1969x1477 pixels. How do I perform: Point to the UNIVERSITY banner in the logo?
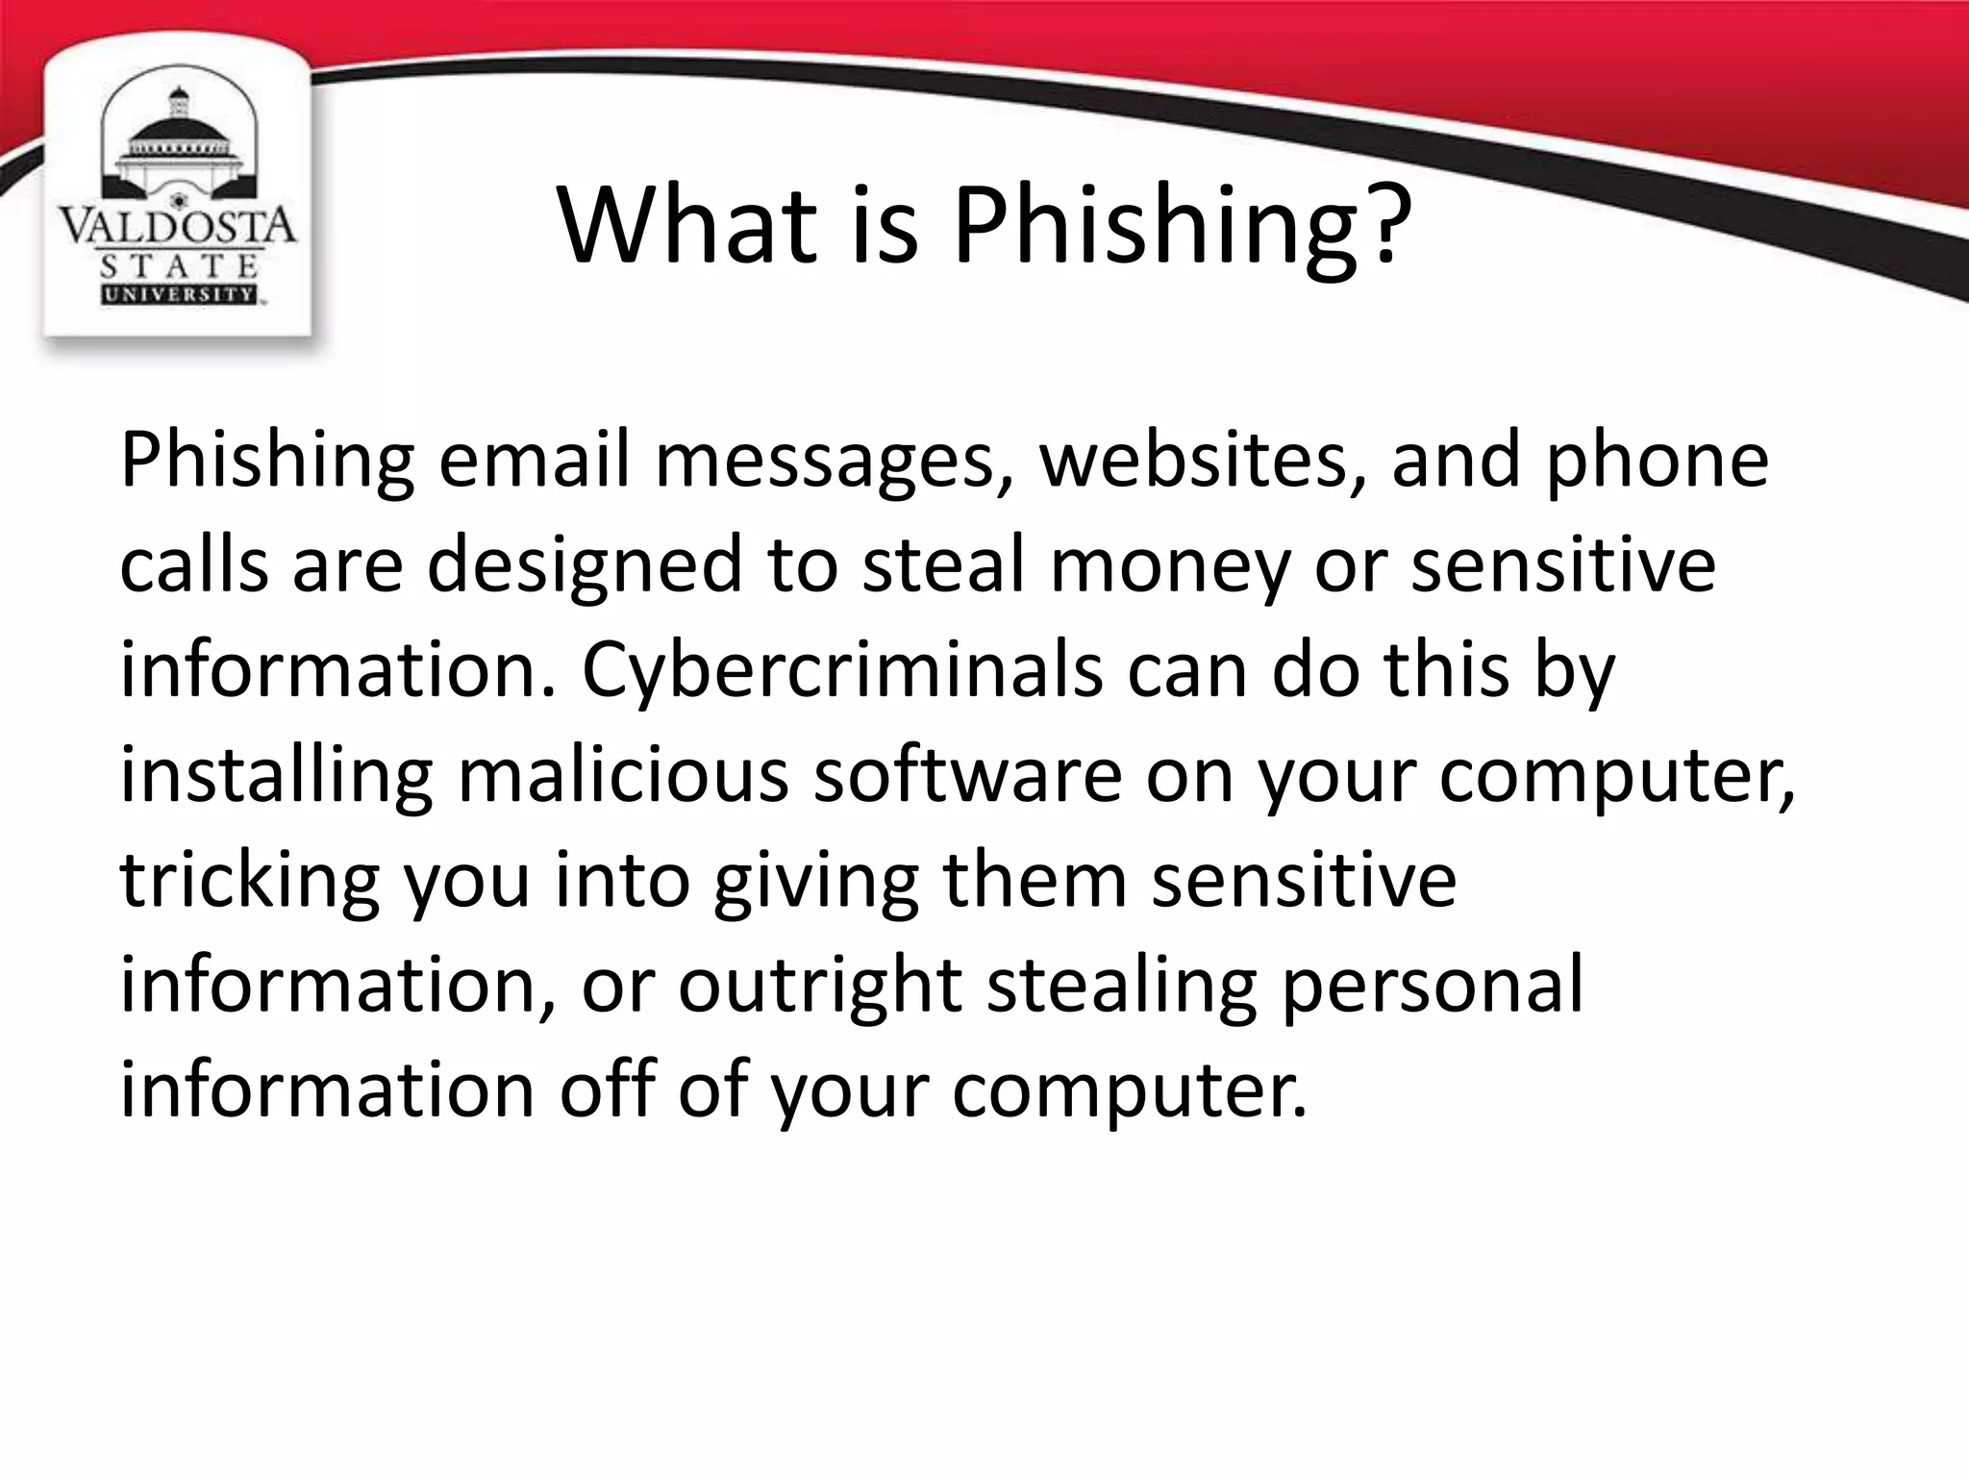click(179, 294)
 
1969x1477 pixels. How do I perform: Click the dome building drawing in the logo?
click(178, 144)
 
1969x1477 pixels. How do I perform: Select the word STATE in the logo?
click(179, 265)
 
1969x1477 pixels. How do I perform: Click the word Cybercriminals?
click(842, 672)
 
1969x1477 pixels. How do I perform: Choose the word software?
click(967, 777)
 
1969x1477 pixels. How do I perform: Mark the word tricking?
click(249, 882)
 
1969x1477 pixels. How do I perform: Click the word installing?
click(276, 777)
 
